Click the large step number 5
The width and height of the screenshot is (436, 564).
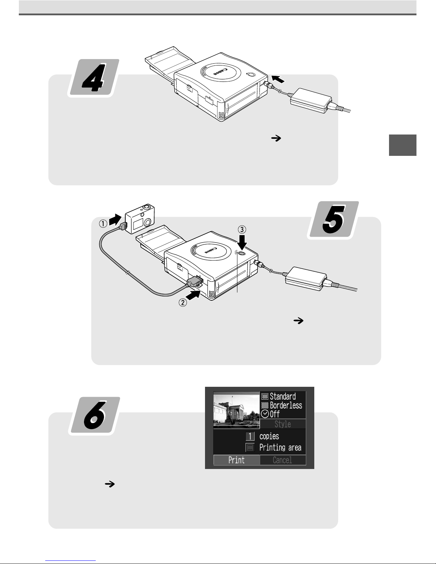tap(334, 220)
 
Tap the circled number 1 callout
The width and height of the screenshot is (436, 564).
tap(103, 223)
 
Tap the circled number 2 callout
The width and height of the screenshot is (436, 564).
tap(183, 302)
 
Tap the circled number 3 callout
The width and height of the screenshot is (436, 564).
tap(242, 230)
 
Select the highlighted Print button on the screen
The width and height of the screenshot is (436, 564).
tap(236, 460)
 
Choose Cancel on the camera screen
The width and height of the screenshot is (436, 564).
tap(282, 460)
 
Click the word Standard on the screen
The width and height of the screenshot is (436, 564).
tap(283, 396)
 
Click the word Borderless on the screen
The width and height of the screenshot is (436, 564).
tap(286, 405)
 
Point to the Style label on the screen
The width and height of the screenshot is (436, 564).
tap(283, 424)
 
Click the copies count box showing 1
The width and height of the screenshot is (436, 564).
tap(250, 436)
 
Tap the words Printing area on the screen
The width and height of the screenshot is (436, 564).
tap(280, 447)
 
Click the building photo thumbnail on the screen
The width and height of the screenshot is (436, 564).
tap(236, 410)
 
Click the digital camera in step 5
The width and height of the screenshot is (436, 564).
tap(140, 218)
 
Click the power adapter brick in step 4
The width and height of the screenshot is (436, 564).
tap(311, 101)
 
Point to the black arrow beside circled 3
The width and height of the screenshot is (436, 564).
tap(242, 242)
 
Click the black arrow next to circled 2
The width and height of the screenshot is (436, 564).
tap(193, 295)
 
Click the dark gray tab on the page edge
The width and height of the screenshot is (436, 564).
tap(403, 145)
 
